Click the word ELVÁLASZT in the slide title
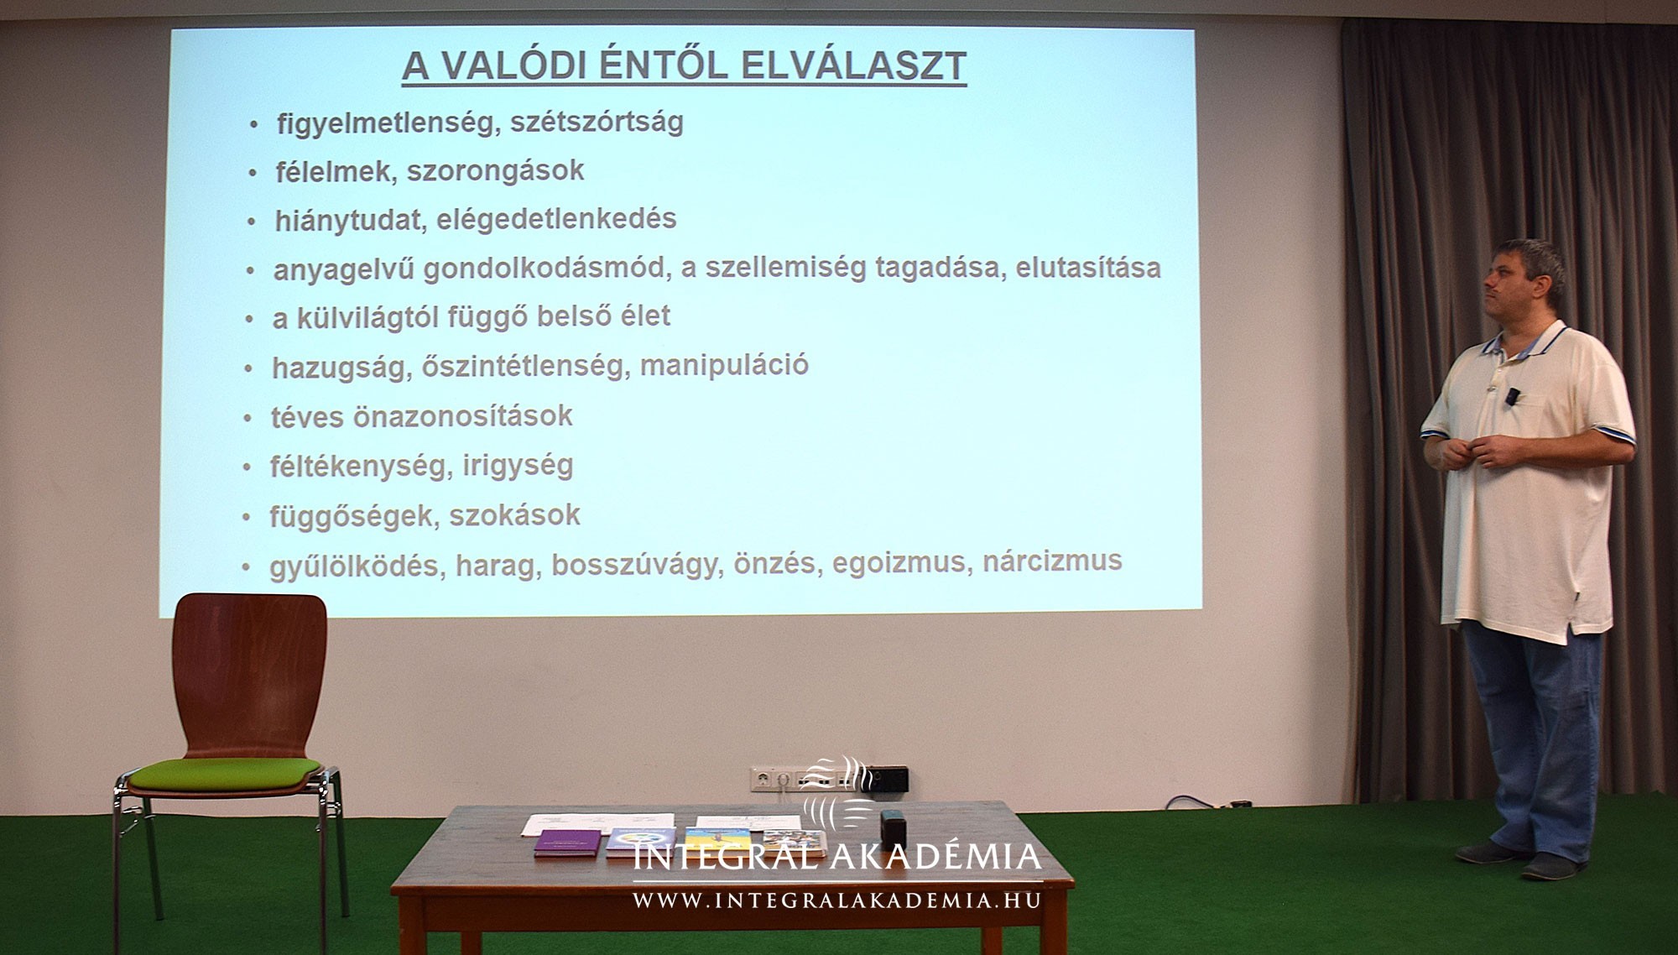(847, 65)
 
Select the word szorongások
(496, 171)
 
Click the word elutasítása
(1088, 268)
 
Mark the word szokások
(514, 514)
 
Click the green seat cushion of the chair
(225, 774)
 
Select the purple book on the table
(568, 843)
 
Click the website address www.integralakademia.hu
(836, 901)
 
